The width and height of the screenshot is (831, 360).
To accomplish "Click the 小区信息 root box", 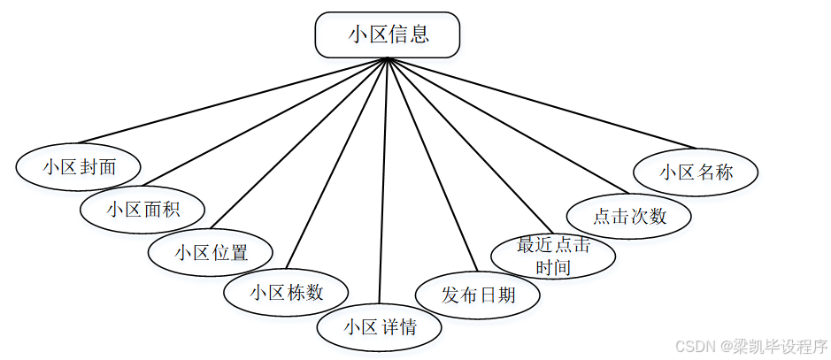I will (388, 35).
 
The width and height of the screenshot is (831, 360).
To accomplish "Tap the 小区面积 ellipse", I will (142, 210).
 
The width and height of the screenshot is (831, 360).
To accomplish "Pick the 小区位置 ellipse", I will (211, 252).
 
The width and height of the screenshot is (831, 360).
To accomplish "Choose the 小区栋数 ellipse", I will (286, 293).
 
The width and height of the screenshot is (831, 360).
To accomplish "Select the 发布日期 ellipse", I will (478, 293).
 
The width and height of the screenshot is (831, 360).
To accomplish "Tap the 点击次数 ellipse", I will (628, 216).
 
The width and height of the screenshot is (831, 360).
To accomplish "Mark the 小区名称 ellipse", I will (696, 172).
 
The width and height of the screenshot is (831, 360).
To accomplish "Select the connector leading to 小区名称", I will (542, 103).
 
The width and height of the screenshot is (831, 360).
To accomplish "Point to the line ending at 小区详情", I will (383, 181).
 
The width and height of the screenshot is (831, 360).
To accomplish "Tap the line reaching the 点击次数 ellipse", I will (506, 127).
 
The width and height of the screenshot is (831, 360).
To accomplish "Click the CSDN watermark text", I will (750, 346).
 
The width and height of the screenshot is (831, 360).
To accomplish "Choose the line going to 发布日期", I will (428, 166).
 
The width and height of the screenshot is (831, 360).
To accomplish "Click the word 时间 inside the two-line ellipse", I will (552, 266).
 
